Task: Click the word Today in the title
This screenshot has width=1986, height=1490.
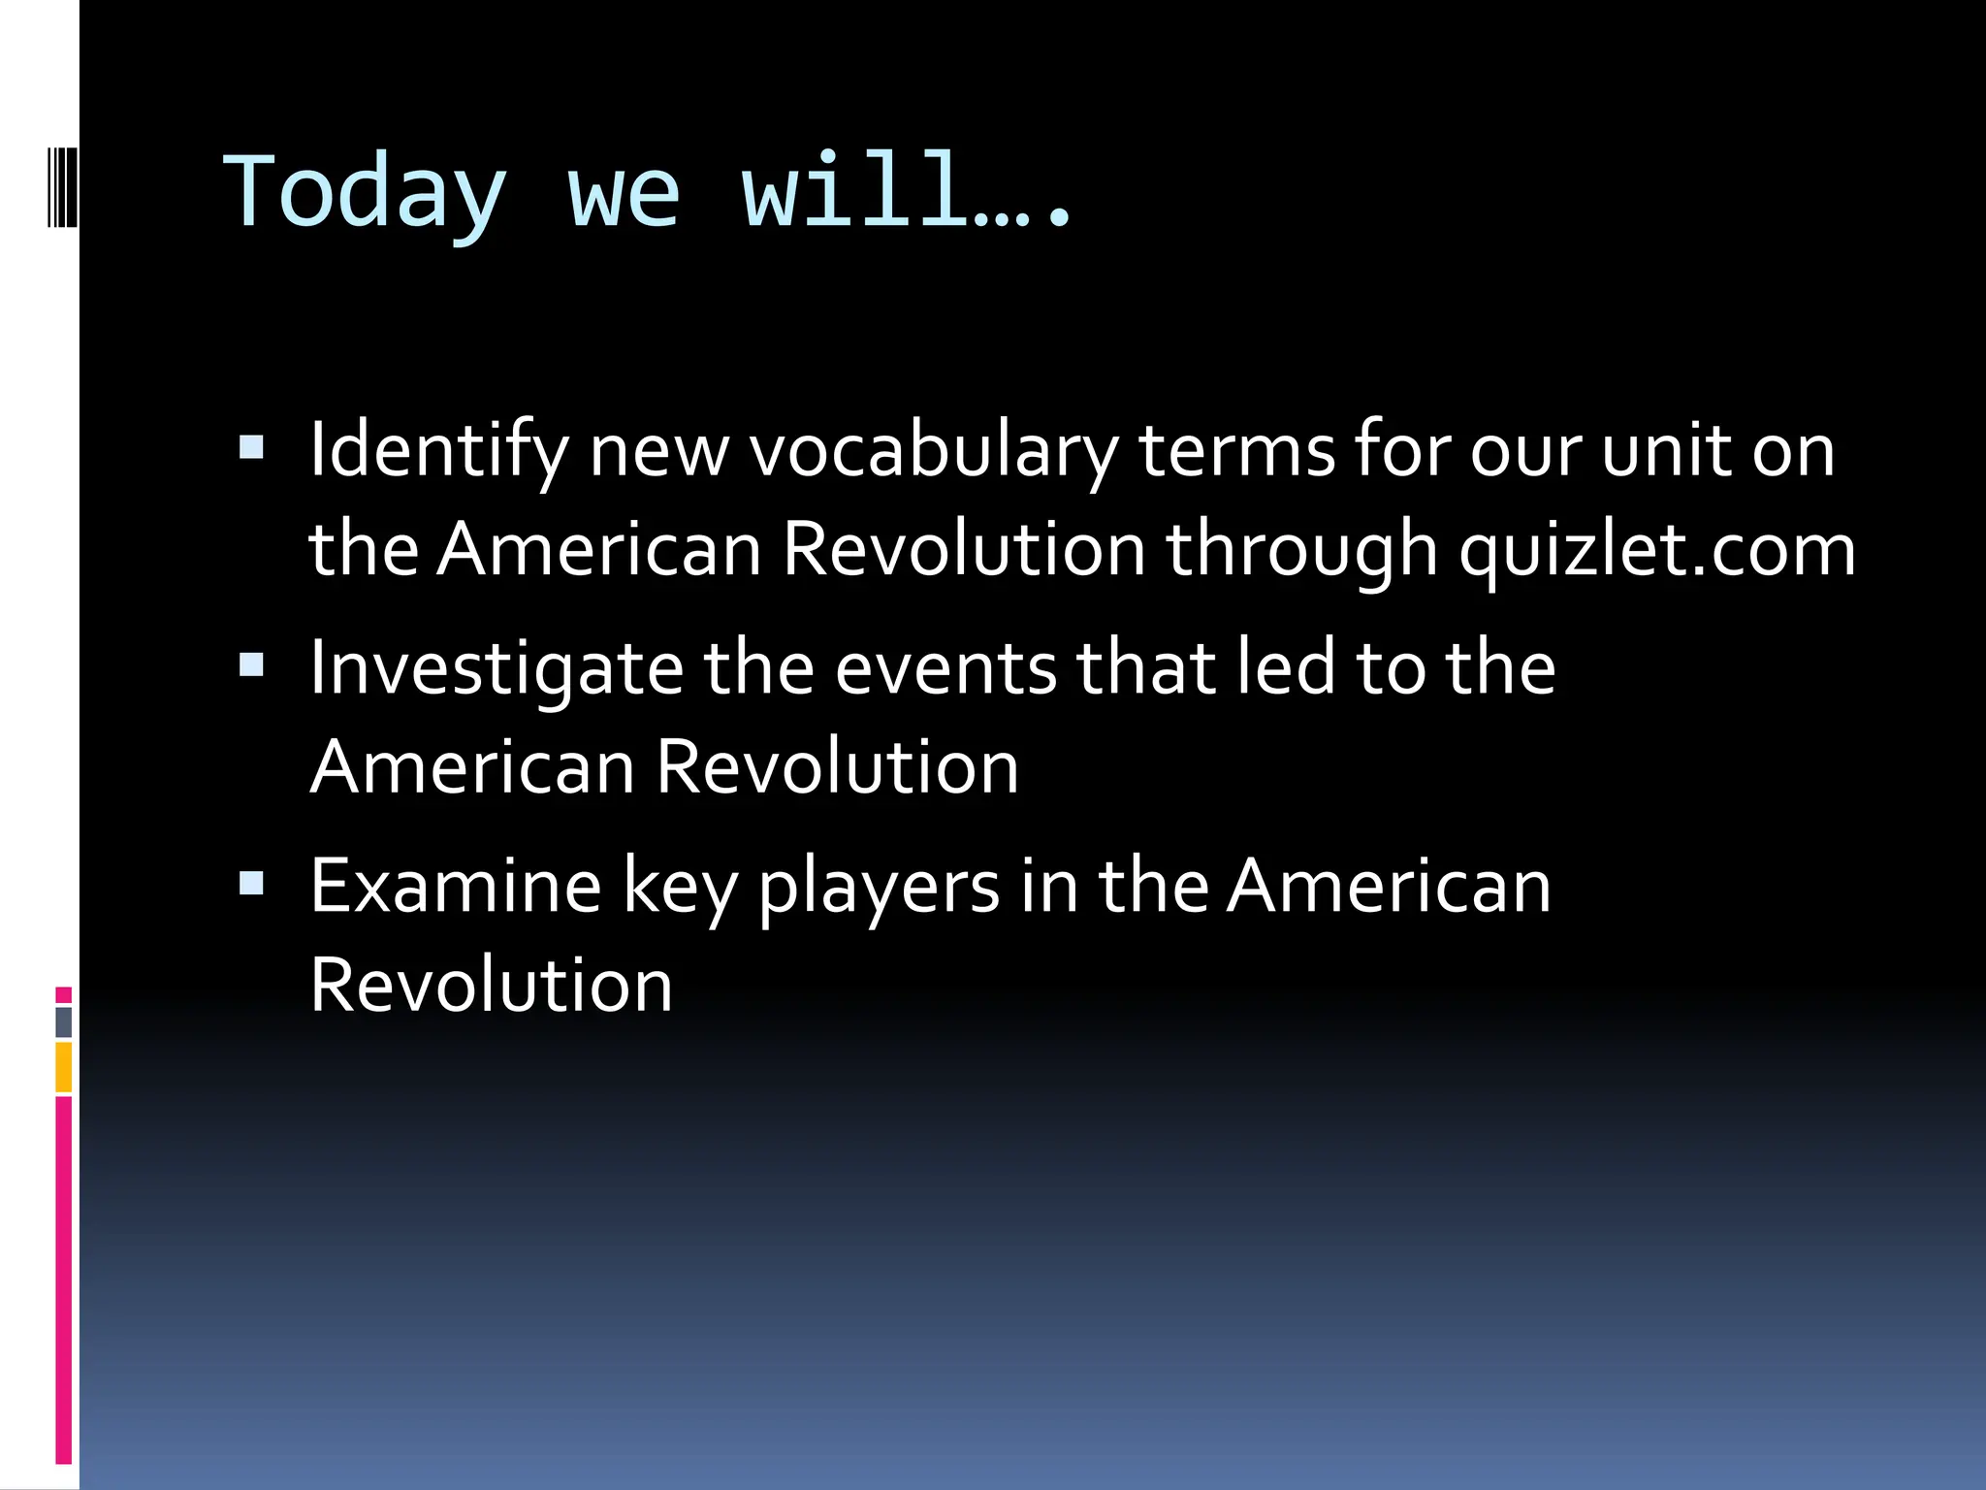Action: (365, 194)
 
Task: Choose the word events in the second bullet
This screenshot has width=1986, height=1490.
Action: (945, 669)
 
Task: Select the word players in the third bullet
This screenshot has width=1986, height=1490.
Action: (879, 887)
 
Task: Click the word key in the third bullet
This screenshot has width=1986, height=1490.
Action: (679, 887)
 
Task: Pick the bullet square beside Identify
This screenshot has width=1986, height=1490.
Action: (251, 447)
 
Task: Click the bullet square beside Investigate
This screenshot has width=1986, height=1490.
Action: (251, 664)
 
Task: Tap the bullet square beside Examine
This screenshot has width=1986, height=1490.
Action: (251, 882)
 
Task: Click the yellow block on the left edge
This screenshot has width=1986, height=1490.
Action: (64, 1066)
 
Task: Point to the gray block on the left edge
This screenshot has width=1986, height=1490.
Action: (64, 1022)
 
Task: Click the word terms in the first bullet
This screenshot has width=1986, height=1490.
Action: (1237, 452)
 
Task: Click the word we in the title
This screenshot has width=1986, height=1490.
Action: (623, 194)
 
